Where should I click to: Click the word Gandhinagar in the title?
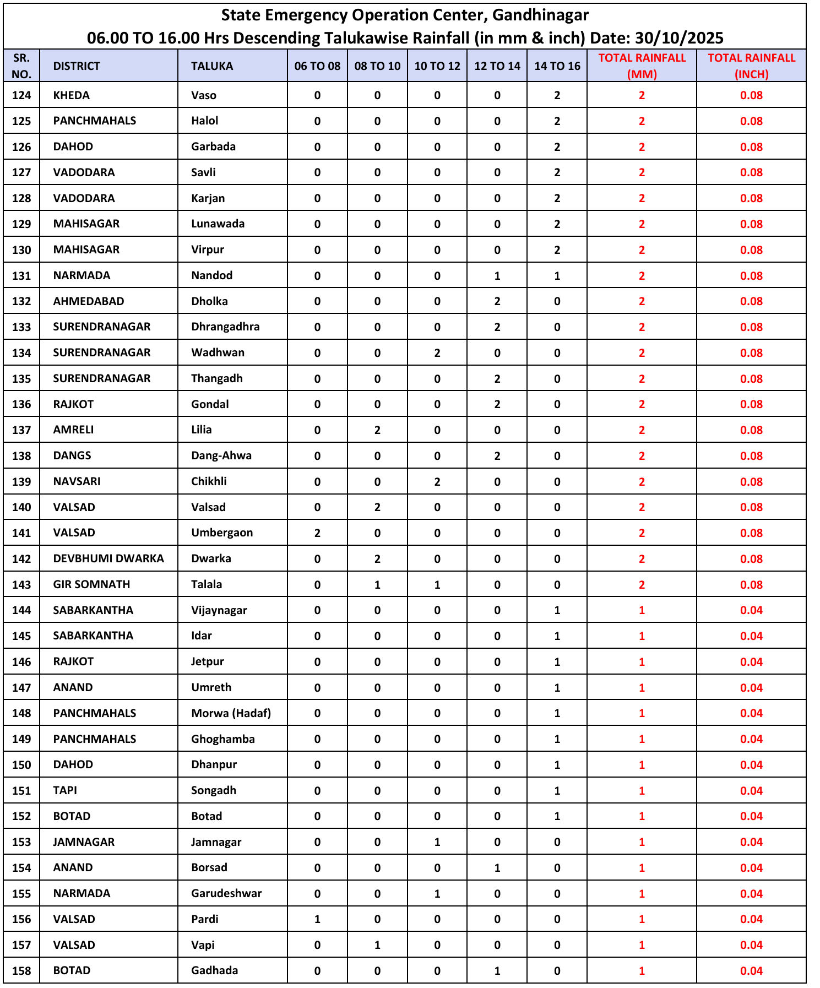[x=540, y=15]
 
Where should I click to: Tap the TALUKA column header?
[x=212, y=66]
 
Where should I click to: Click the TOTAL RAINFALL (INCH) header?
[x=751, y=66]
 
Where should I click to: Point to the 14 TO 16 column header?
[x=557, y=66]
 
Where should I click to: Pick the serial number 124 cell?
[x=21, y=95]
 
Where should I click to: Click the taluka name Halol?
[x=205, y=121]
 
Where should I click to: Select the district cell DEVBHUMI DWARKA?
[x=108, y=558]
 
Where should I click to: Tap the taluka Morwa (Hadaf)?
[x=231, y=713]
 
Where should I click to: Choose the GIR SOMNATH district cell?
[x=91, y=584]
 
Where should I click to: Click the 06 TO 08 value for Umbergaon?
[x=317, y=533]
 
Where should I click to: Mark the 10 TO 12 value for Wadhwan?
[x=437, y=353]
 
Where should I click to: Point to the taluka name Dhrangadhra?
[x=225, y=327]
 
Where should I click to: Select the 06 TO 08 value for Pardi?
[x=317, y=919]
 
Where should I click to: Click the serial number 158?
[x=21, y=970]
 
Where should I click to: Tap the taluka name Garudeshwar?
[x=226, y=893]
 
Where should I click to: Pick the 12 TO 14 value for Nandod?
[x=497, y=275]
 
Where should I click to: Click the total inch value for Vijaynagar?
[x=751, y=610]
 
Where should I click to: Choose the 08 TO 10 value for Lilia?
[x=377, y=430]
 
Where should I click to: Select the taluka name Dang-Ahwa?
[x=221, y=455]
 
